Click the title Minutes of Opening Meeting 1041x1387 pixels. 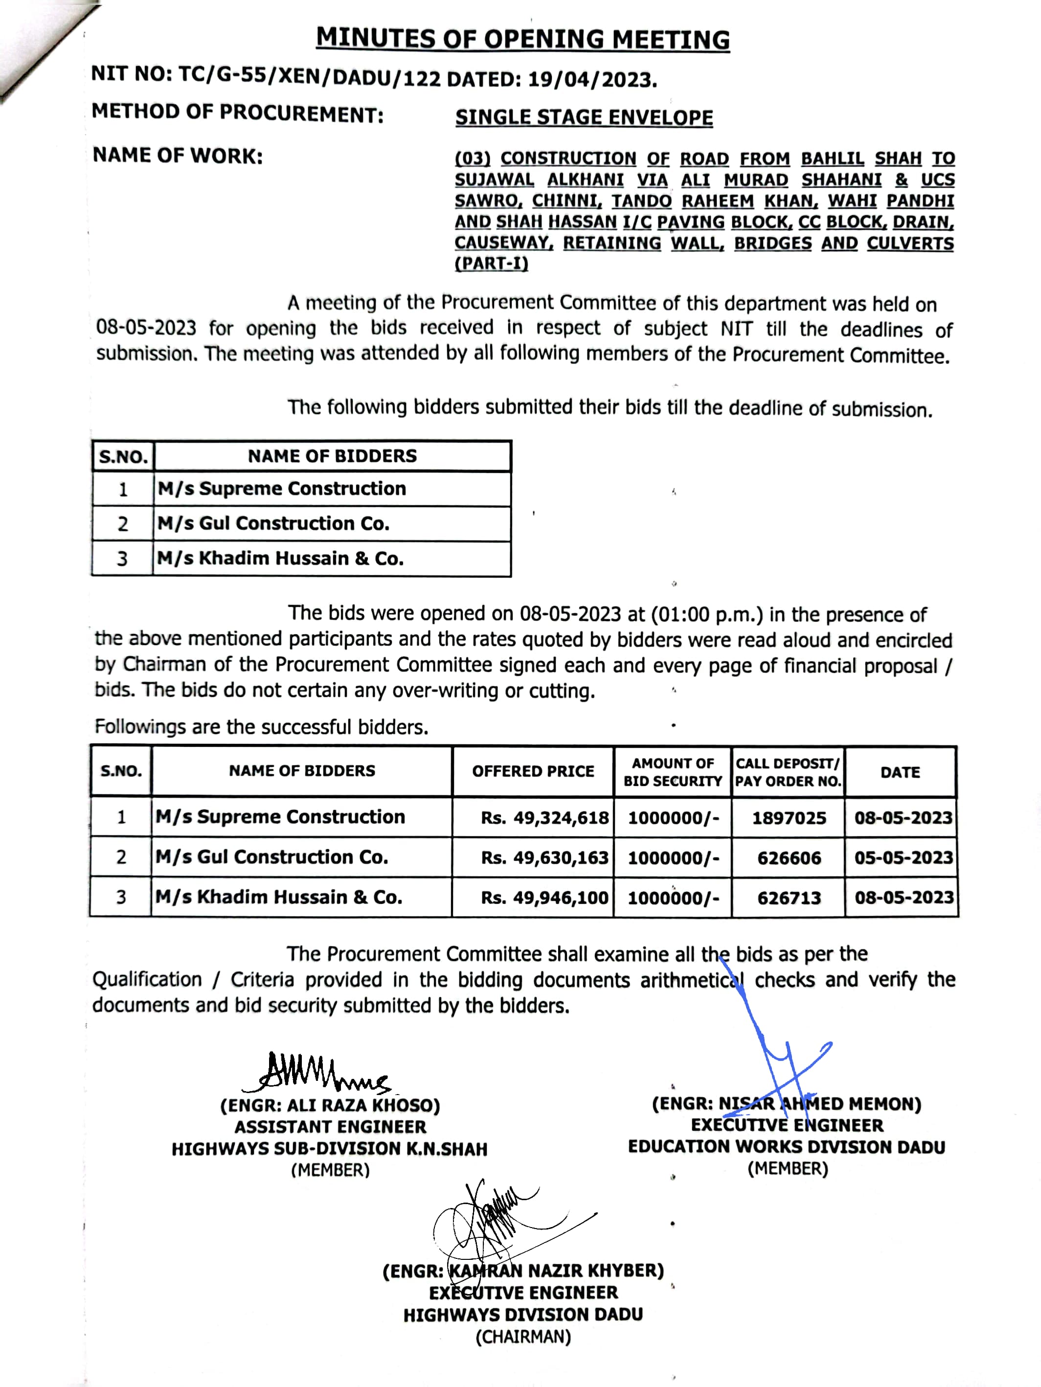[x=522, y=39]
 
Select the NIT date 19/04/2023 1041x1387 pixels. [x=592, y=80]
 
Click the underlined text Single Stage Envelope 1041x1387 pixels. [x=584, y=118]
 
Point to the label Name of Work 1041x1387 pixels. [x=178, y=156]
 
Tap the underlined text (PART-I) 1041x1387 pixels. [x=491, y=263]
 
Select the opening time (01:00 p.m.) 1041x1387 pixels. [x=707, y=614]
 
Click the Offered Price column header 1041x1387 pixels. [x=533, y=771]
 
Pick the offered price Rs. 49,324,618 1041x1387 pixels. [x=544, y=818]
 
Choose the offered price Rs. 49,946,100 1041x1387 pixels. [x=544, y=898]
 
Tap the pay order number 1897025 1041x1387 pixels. [x=789, y=818]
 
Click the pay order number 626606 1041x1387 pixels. [x=789, y=858]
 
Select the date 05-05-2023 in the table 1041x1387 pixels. [x=903, y=858]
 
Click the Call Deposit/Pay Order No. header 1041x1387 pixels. [x=788, y=772]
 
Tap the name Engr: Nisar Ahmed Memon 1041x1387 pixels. [x=787, y=1103]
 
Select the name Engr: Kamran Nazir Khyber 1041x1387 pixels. [x=523, y=1271]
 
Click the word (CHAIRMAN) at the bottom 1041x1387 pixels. [x=523, y=1337]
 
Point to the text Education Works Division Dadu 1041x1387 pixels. [x=787, y=1147]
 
